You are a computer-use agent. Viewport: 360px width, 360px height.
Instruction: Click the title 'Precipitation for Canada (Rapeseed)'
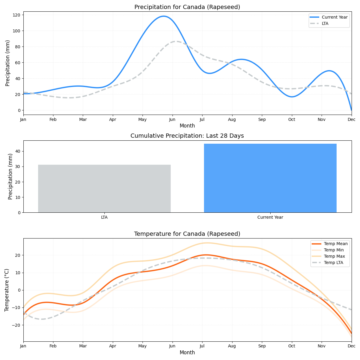[x=187, y=7]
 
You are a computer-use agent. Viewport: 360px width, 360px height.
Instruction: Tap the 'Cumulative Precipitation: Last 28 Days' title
[x=187, y=136]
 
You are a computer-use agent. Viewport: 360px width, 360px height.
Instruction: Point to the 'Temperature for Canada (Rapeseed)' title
[x=187, y=234]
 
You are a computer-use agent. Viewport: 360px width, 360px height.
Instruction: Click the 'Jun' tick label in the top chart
[x=172, y=119]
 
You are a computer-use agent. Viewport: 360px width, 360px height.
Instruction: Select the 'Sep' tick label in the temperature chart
[x=262, y=346]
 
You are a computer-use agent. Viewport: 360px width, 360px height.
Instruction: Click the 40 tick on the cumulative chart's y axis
[x=18, y=151]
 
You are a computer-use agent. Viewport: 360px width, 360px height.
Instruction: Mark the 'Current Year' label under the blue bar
[x=270, y=217]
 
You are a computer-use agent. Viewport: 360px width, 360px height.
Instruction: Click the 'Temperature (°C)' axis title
[x=7, y=290]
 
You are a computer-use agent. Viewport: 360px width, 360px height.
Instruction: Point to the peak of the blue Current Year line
[x=163, y=16]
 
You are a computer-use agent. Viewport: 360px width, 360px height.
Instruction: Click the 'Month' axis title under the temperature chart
[x=187, y=352]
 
